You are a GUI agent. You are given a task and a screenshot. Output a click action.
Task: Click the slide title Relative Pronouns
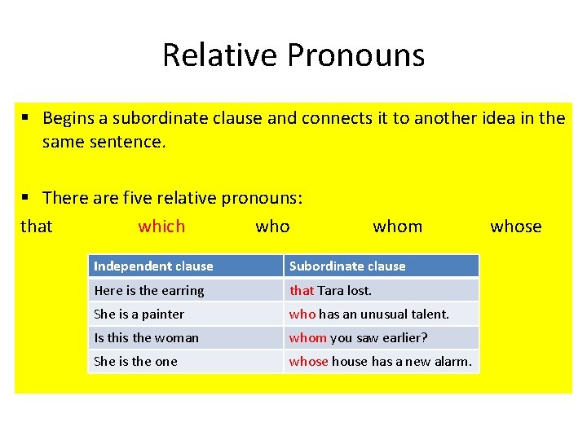tap(293, 55)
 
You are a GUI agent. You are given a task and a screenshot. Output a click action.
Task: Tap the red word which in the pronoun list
tap(161, 227)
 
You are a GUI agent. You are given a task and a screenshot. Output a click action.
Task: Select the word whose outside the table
tap(515, 227)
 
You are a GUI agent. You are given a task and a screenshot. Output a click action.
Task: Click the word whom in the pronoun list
tap(397, 227)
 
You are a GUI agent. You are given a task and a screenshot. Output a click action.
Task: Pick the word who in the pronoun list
tap(272, 227)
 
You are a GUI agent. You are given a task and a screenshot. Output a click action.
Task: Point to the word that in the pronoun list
tap(36, 227)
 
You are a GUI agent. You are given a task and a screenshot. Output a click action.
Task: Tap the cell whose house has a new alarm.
tap(380, 361)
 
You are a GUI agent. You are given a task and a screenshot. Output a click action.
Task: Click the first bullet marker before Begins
tap(26, 118)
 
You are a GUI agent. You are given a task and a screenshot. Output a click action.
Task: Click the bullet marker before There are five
tap(26, 198)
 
